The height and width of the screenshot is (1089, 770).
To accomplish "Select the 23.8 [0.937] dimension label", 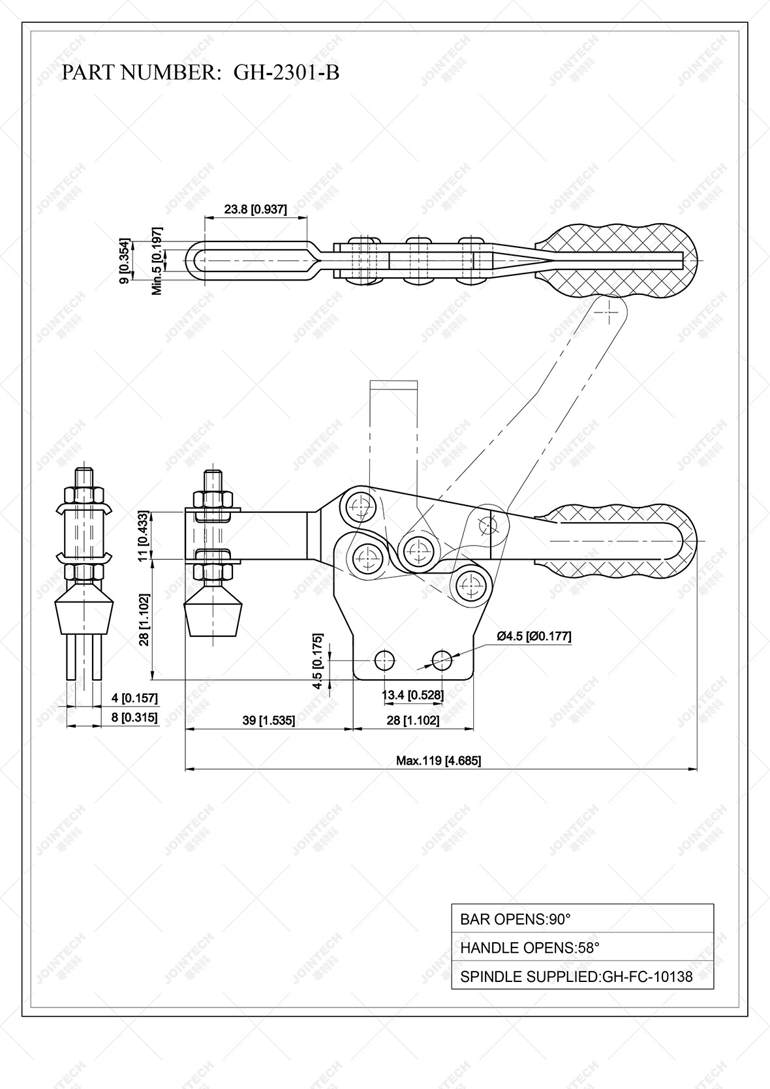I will click(x=255, y=209).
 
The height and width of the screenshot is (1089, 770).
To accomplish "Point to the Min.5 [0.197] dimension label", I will click(x=157, y=261).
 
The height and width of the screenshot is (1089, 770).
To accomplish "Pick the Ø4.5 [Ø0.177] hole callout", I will click(x=534, y=636).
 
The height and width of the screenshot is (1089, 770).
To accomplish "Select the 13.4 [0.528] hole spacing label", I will click(x=412, y=696).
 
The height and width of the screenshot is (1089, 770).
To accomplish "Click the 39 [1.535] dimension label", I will click(x=268, y=720).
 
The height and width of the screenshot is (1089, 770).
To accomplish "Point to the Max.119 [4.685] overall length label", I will click(x=439, y=760).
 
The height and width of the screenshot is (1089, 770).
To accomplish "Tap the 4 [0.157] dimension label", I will click(x=134, y=698).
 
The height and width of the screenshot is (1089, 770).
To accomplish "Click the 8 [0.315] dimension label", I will click(x=134, y=718).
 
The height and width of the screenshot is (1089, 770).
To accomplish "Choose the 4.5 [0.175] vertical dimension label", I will click(x=318, y=660).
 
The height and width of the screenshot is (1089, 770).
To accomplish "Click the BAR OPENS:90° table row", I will click(x=582, y=919).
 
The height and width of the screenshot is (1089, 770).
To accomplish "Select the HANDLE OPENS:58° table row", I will click(x=582, y=947).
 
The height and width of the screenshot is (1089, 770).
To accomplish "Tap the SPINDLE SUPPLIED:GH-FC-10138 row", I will click(x=582, y=976).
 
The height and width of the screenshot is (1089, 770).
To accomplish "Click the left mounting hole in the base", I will click(x=385, y=660).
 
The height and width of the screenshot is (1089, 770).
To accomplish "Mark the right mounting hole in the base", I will click(x=442, y=660).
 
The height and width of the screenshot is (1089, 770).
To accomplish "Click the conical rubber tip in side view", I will click(x=213, y=613).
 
